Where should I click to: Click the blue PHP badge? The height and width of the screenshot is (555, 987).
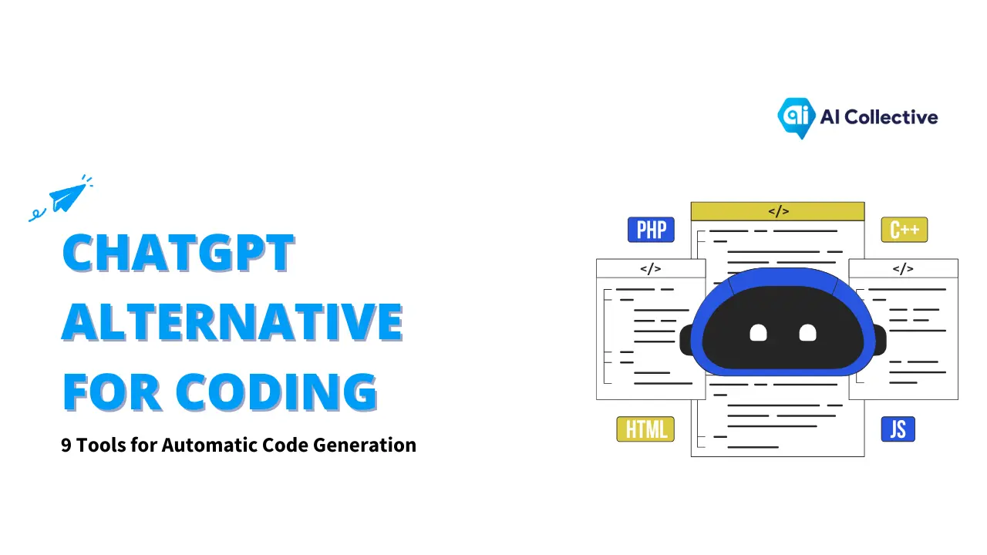click(x=651, y=230)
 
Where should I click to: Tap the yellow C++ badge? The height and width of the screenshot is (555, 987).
click(x=904, y=230)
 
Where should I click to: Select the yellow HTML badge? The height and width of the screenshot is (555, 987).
click(x=645, y=429)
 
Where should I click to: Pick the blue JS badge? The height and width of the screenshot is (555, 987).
click(x=898, y=429)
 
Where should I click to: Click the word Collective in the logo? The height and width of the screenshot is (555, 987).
click(x=891, y=117)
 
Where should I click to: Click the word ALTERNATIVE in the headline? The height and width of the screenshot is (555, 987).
click(x=232, y=322)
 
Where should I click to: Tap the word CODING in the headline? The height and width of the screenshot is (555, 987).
click(x=276, y=392)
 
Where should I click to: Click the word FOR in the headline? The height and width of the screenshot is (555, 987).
click(x=112, y=392)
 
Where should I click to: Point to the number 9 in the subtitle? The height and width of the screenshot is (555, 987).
click(x=66, y=446)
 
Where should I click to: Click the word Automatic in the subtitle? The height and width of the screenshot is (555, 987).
click(x=210, y=445)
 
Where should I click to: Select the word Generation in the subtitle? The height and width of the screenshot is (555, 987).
click(x=365, y=445)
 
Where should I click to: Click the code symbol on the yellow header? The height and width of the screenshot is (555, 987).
click(x=779, y=211)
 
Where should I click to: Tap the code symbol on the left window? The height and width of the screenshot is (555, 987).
click(x=650, y=269)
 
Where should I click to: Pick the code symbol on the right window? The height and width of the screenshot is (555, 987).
click(x=903, y=269)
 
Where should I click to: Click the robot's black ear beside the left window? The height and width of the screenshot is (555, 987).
click(x=686, y=340)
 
